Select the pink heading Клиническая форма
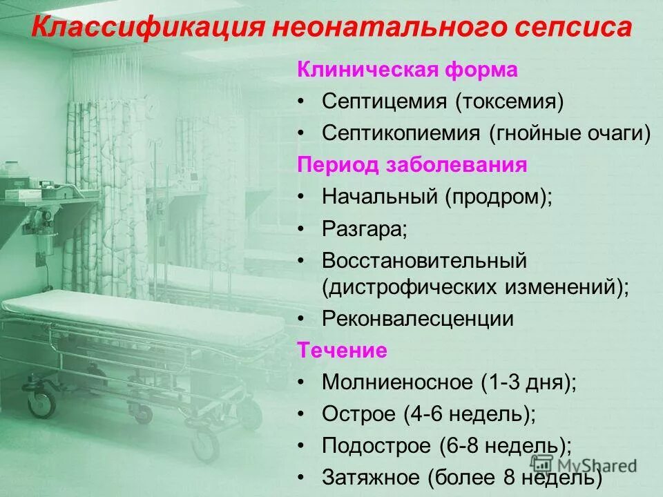(407, 70)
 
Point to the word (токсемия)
(510, 102)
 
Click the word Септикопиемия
(401, 133)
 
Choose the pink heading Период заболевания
(412, 165)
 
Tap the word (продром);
(499, 197)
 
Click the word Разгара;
(365, 228)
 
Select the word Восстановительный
(424, 261)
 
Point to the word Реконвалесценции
(418, 319)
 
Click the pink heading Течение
(342, 350)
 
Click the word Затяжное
(371, 477)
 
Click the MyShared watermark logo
(584, 465)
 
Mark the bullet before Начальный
(302, 197)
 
